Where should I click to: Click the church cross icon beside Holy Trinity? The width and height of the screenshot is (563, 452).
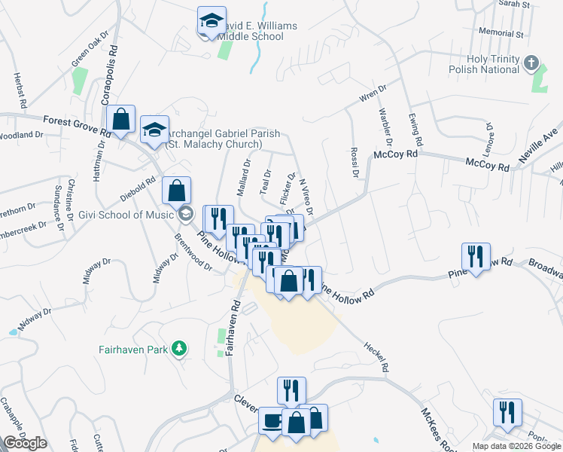(x=532, y=62)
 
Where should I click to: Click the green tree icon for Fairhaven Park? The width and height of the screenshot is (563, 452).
(x=179, y=348)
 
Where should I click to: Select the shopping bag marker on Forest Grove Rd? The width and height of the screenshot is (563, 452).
(x=120, y=119)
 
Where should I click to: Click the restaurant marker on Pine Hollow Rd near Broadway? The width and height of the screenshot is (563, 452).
(x=476, y=257)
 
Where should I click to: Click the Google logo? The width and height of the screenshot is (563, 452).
(x=25, y=443)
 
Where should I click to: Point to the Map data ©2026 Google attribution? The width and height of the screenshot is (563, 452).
(x=516, y=446)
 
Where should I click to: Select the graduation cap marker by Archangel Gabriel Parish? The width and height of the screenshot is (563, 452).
(x=154, y=130)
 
